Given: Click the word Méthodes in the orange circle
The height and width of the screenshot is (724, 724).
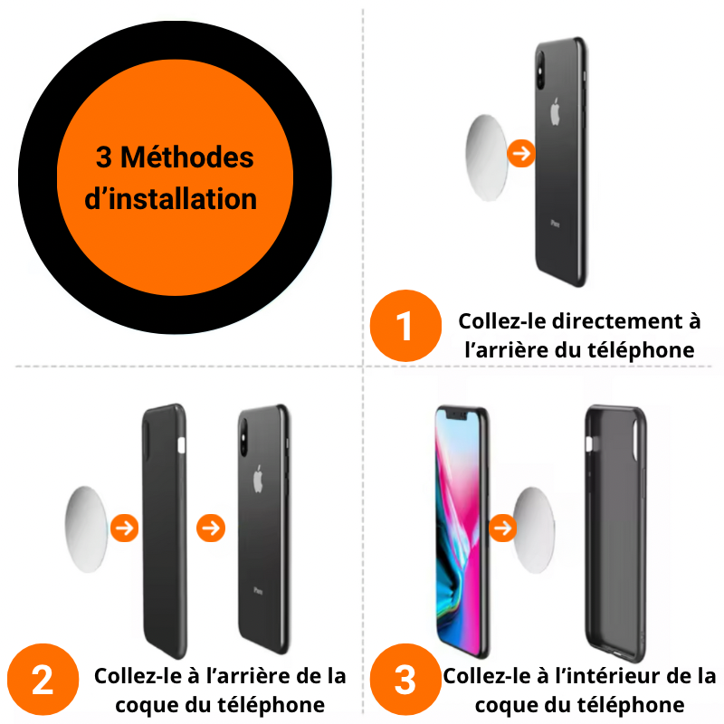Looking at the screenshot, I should (x=187, y=157).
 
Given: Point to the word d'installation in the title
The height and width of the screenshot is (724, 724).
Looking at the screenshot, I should (x=171, y=198).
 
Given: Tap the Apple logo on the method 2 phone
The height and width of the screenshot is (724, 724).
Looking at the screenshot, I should (x=258, y=477).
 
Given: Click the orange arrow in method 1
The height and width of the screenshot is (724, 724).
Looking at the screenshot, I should (x=521, y=154).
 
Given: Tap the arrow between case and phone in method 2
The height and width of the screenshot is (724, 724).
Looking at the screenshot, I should (x=211, y=528).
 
